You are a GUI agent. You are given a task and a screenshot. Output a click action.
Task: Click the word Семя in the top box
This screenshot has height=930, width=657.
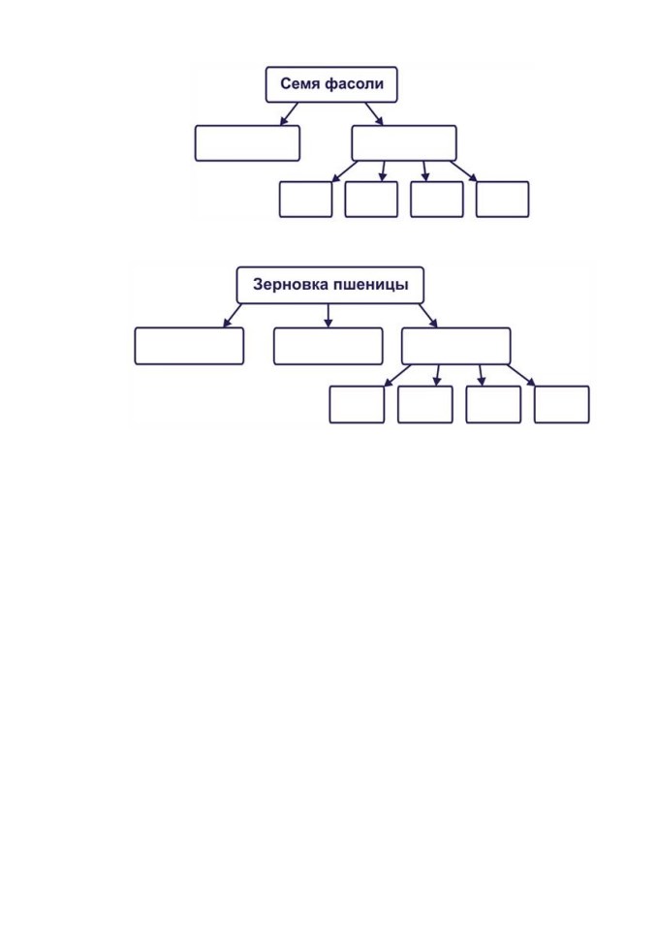click(x=300, y=83)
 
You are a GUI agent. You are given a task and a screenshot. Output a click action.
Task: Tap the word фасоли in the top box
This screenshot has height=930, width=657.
click(x=355, y=84)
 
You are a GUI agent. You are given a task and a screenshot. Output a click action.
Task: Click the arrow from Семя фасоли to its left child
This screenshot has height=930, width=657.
click(x=289, y=114)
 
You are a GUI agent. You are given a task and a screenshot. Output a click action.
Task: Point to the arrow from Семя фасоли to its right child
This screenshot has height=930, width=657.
click(x=374, y=114)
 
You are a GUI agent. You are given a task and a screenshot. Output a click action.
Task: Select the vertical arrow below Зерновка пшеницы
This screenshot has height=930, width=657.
click(x=328, y=316)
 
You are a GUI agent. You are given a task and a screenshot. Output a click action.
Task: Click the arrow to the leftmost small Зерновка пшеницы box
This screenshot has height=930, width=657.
click(x=397, y=376)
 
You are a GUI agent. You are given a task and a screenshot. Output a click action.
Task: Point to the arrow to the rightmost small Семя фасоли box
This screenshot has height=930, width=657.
click(x=463, y=170)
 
